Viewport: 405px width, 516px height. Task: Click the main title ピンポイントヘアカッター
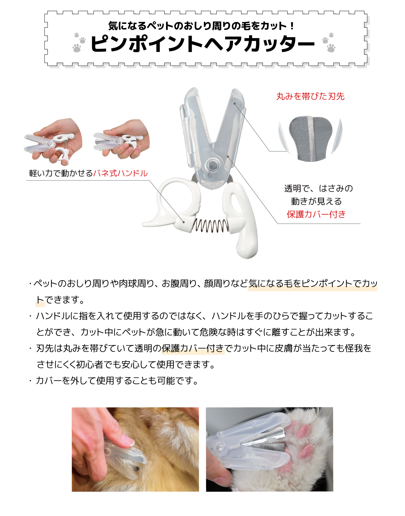click(202, 44)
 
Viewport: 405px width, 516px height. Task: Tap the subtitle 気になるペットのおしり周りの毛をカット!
click(202, 26)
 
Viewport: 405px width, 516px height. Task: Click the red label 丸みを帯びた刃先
click(310, 96)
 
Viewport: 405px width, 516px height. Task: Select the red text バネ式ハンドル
click(120, 173)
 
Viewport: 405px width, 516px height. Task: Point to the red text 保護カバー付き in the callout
click(316, 214)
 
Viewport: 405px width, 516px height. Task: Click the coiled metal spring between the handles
click(210, 226)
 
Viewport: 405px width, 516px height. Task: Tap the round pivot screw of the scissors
click(213, 165)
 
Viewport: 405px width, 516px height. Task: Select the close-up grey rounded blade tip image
click(310, 138)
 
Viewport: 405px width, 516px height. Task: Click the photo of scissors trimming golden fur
click(135, 449)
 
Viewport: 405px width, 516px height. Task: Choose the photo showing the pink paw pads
click(269, 449)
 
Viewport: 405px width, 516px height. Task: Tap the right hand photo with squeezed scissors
click(122, 139)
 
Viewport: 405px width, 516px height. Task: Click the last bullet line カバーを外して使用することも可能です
click(116, 381)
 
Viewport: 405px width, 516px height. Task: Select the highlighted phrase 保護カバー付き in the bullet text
click(193, 348)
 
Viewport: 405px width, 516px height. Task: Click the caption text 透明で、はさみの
click(318, 189)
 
